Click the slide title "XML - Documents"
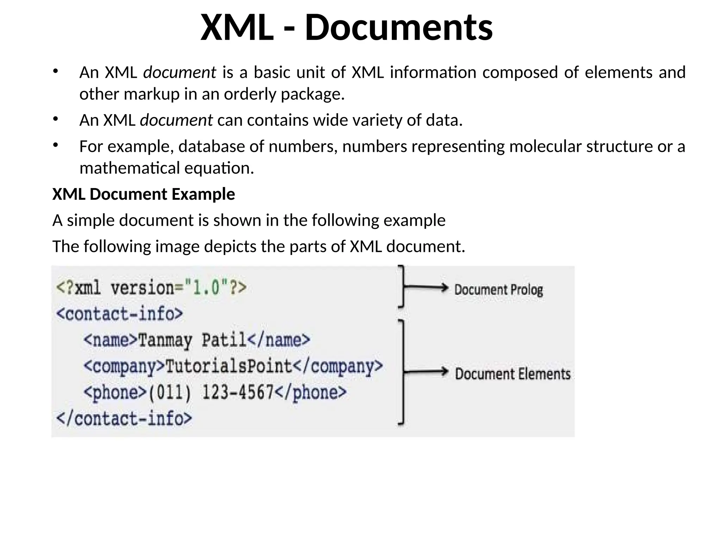[346, 27]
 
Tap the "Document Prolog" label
[498, 290]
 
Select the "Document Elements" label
[512, 374]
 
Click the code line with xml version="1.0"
[151, 288]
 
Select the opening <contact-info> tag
[120, 314]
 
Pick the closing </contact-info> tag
[124, 418]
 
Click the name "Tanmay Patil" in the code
[192, 340]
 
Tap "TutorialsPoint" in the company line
[229, 366]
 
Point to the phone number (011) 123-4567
[211, 392]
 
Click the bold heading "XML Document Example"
[144, 194]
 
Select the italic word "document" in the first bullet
[180, 73]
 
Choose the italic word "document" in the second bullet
[176, 120]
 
